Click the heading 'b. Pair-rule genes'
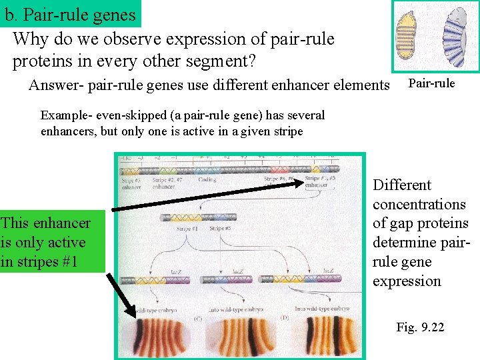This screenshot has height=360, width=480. tap(70, 14)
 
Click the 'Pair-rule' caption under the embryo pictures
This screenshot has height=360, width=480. tap(431, 83)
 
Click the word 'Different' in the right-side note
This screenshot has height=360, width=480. tap(402, 185)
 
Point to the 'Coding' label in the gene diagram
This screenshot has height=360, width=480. tap(207, 179)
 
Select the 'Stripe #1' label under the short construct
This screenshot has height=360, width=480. tap(189, 229)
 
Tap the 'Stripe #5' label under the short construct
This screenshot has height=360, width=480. tap(221, 229)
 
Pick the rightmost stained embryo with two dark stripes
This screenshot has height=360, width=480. tap(327, 336)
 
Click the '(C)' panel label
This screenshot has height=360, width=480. tap(197, 319)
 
